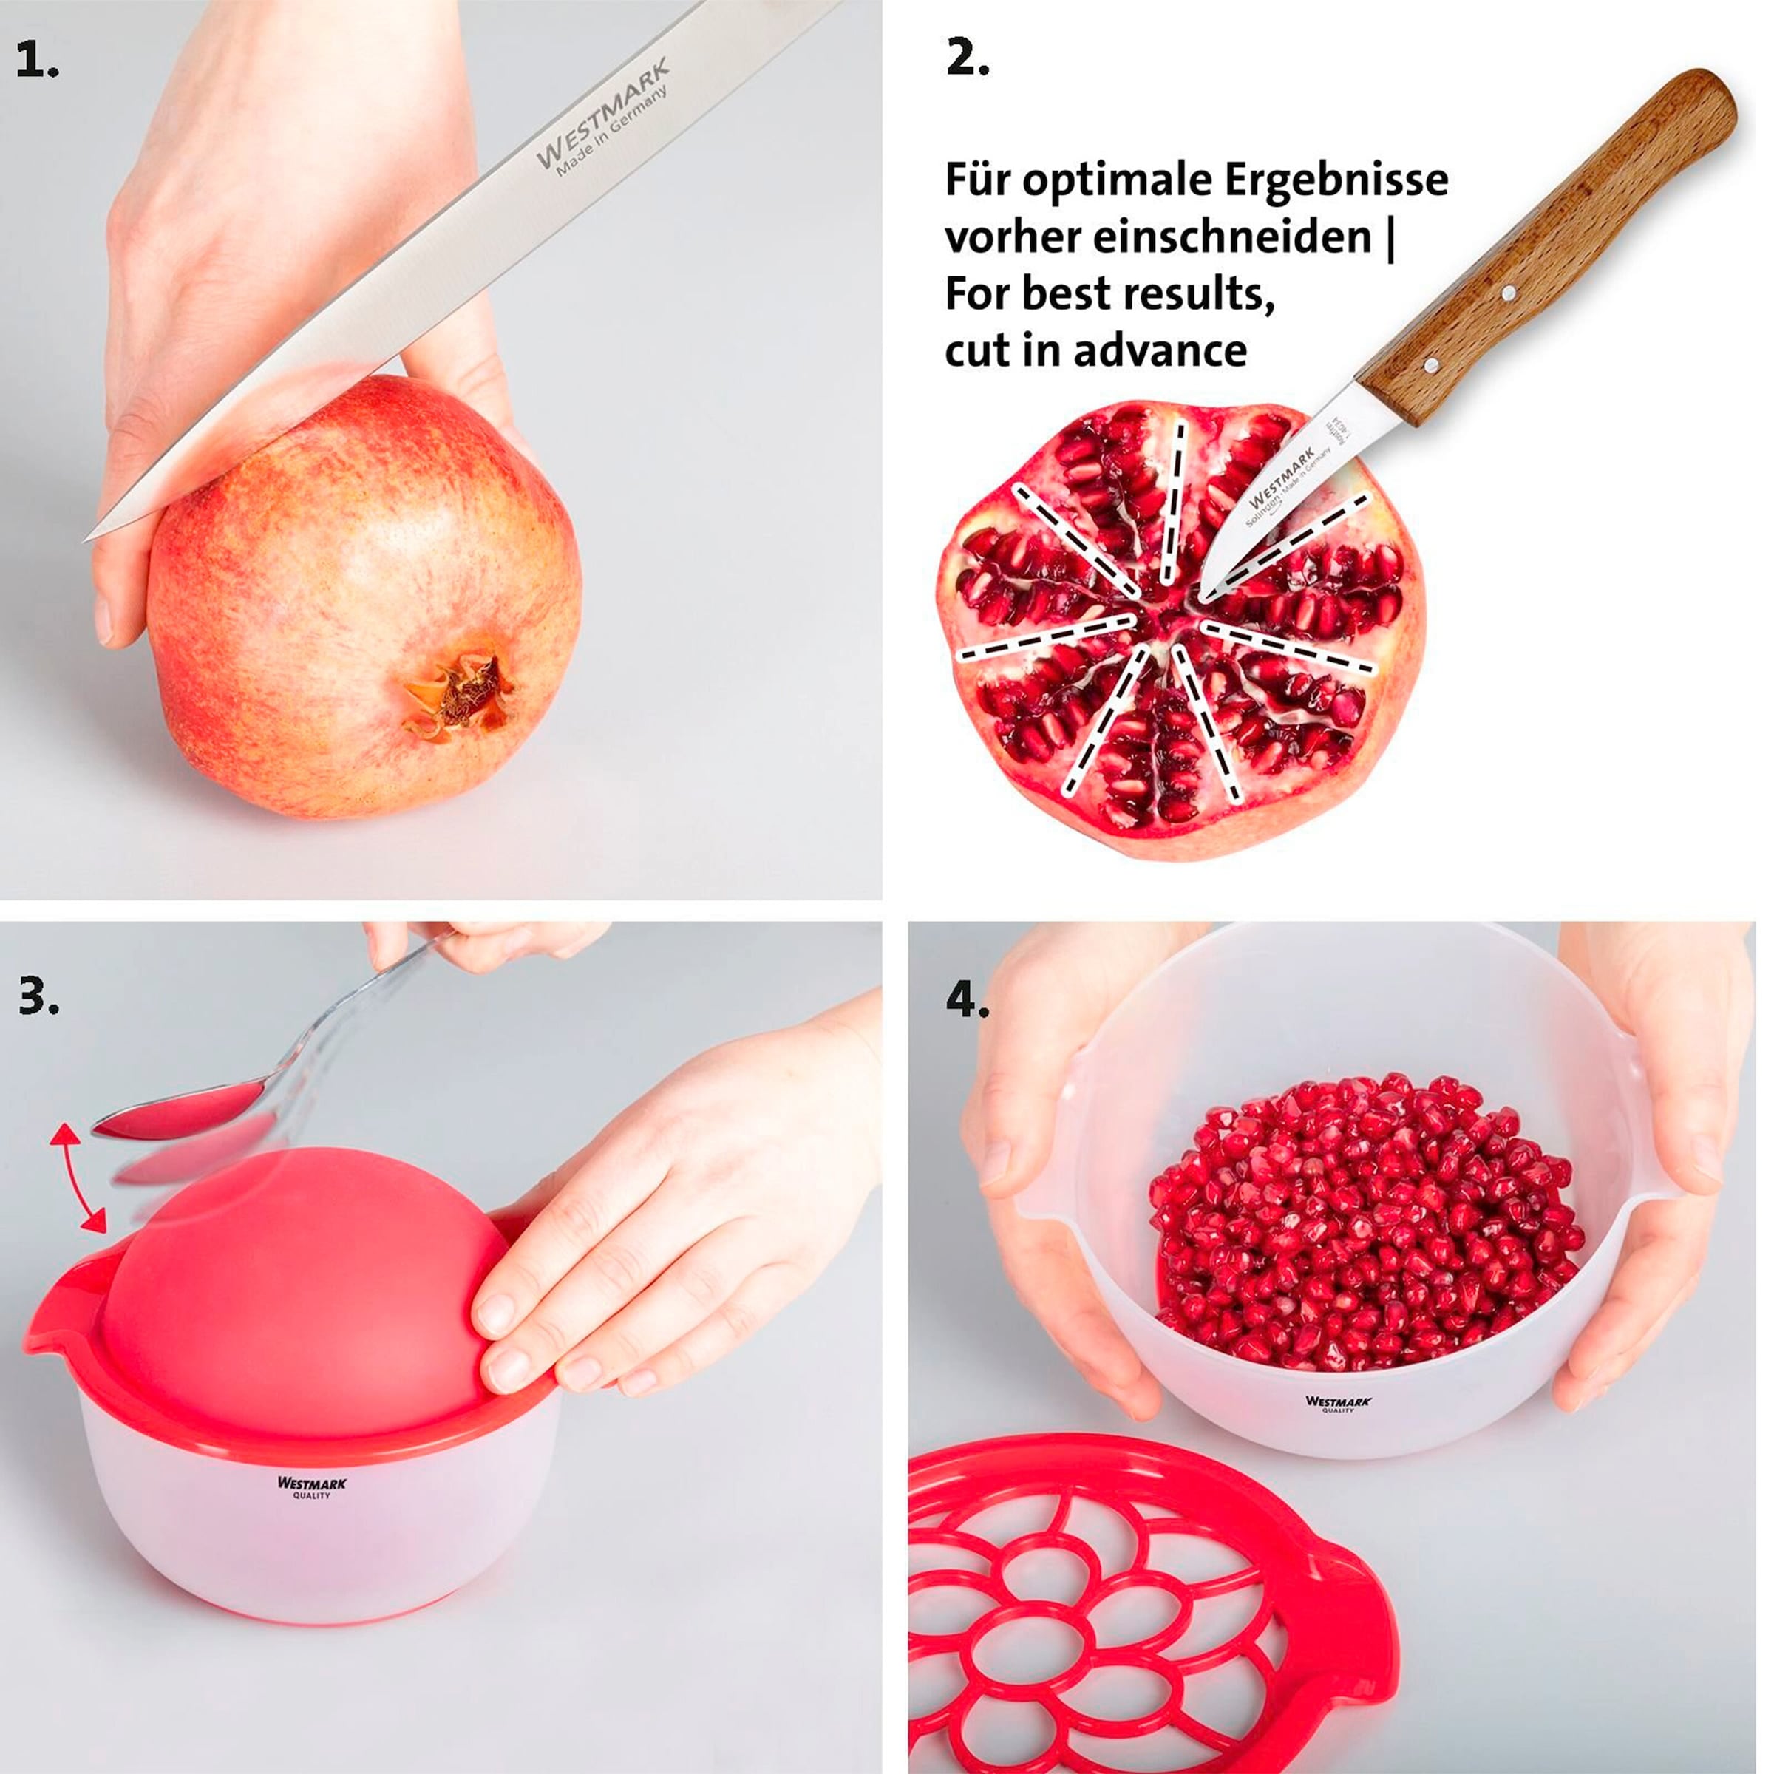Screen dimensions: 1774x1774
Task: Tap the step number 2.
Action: (x=967, y=61)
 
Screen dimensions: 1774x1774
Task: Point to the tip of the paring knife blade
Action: (x=1205, y=599)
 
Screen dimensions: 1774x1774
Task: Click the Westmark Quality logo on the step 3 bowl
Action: (x=311, y=1486)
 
